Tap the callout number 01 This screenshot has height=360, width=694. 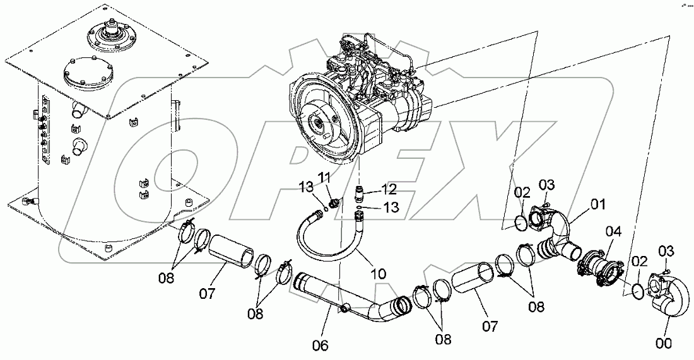coord(597,204)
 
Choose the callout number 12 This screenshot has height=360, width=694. coord(389,188)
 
